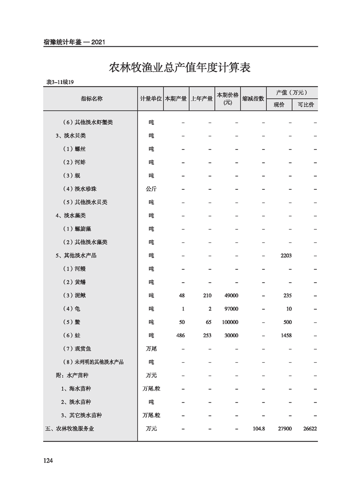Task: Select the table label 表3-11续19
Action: [x=60, y=82]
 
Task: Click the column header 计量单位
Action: [x=151, y=99]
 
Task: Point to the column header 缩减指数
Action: [x=253, y=99]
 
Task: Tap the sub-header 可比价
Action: [x=305, y=104]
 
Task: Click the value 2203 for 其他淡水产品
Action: [x=286, y=256]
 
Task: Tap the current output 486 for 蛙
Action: [x=180, y=336]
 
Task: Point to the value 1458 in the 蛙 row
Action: [x=286, y=336]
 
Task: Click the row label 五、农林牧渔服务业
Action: [x=70, y=429]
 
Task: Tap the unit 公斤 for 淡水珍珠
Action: [x=151, y=189]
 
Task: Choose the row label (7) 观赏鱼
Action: [x=77, y=349]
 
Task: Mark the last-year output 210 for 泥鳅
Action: [x=207, y=296]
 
